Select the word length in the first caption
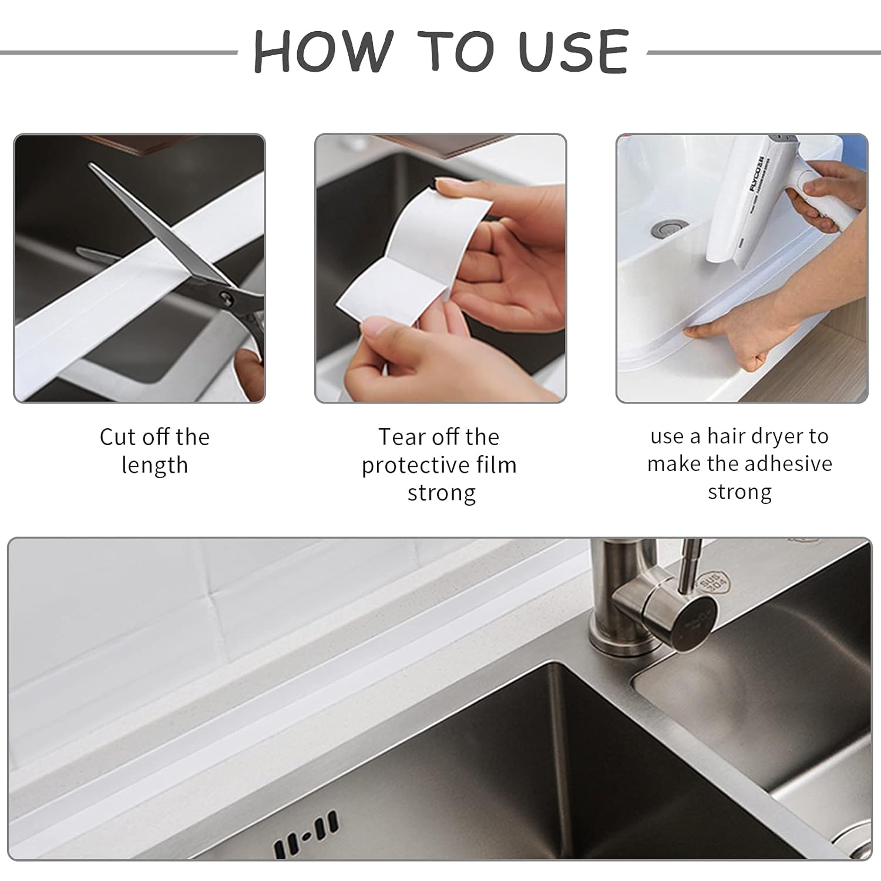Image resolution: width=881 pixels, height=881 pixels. click(154, 465)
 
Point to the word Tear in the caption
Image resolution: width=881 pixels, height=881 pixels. click(402, 437)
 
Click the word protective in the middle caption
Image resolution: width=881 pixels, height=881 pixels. click(412, 465)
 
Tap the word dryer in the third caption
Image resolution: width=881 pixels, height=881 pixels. click(774, 436)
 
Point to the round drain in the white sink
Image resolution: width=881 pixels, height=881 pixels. click(666, 229)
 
